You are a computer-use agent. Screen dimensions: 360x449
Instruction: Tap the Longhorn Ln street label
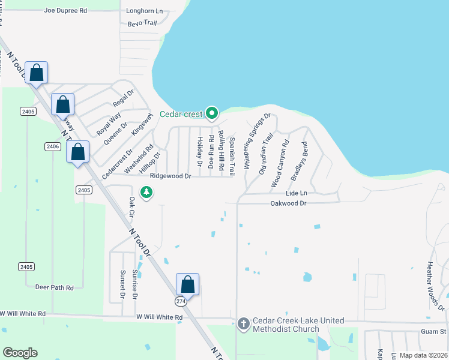(145, 11)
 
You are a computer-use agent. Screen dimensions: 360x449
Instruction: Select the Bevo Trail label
(142, 23)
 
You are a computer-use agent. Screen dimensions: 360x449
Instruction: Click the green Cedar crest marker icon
(211, 112)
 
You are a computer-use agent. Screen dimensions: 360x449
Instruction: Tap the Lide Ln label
(297, 193)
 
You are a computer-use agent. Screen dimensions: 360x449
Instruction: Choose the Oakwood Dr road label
(288, 203)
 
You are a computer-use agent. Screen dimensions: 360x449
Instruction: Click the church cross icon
(243, 323)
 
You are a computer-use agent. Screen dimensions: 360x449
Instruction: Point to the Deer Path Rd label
(54, 287)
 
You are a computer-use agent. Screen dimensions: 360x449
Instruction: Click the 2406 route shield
(52, 146)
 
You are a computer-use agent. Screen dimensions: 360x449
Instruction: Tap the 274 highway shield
(182, 301)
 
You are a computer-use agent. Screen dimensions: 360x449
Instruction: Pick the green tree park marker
(146, 192)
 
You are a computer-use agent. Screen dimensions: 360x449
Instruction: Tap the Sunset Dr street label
(122, 284)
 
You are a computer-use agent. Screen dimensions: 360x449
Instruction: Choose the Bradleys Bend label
(299, 161)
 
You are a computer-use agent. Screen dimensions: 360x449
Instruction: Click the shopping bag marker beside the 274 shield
(187, 284)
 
